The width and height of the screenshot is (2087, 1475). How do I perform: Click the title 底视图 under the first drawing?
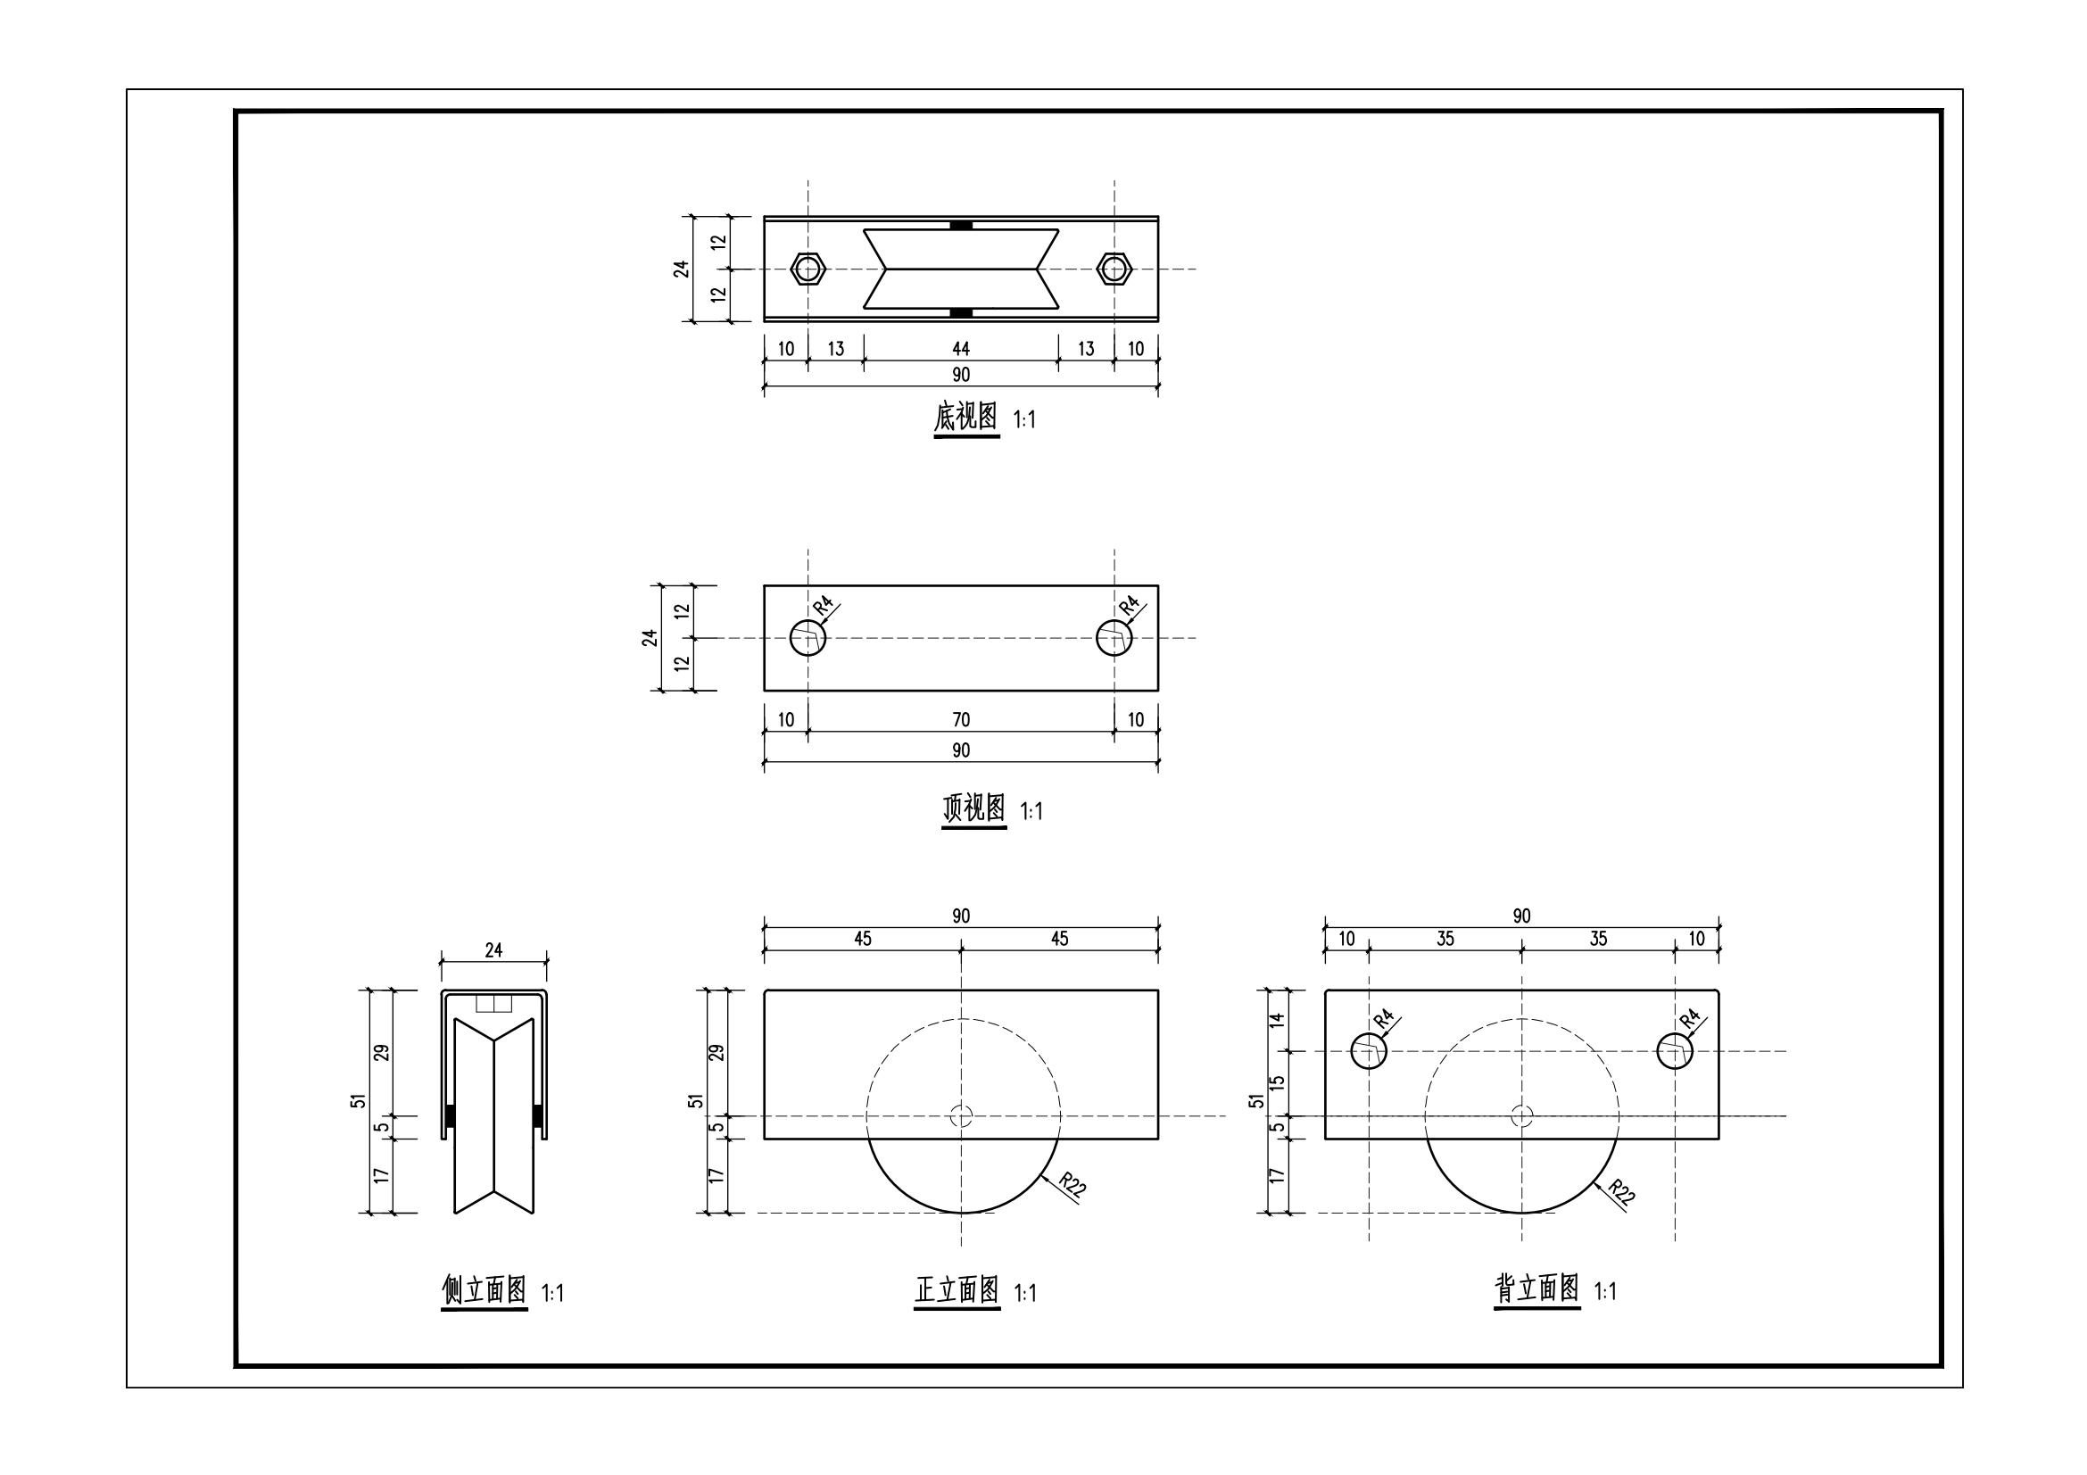(x=966, y=418)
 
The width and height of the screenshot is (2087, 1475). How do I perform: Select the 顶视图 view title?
(x=973, y=808)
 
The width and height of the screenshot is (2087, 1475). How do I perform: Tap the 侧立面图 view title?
(x=484, y=1289)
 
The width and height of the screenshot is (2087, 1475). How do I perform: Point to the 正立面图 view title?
(x=957, y=1289)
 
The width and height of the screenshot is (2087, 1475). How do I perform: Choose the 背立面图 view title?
(x=1537, y=1289)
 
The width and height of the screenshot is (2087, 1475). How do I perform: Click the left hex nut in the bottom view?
(x=808, y=269)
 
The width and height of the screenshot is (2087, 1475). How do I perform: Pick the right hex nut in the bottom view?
(x=1114, y=269)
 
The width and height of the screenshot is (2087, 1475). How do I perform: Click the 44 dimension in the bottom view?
(x=961, y=349)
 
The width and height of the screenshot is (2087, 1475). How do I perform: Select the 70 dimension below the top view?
(x=961, y=721)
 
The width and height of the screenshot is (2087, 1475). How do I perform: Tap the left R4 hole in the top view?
(x=808, y=638)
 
